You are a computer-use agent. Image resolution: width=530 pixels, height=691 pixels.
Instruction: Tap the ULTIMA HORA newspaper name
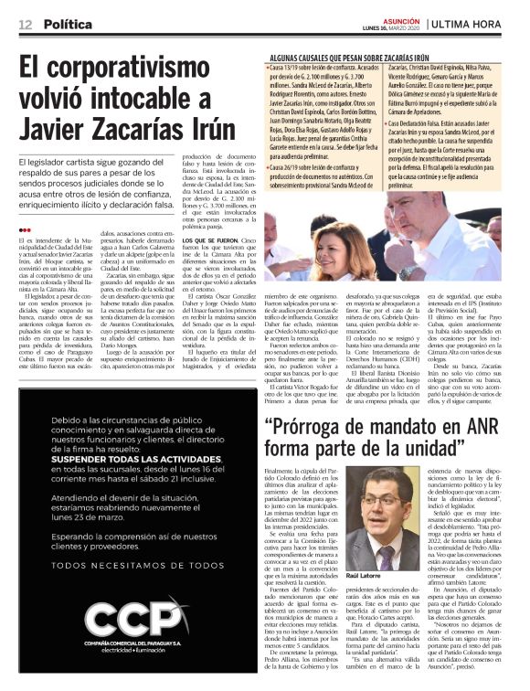click(481, 23)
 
